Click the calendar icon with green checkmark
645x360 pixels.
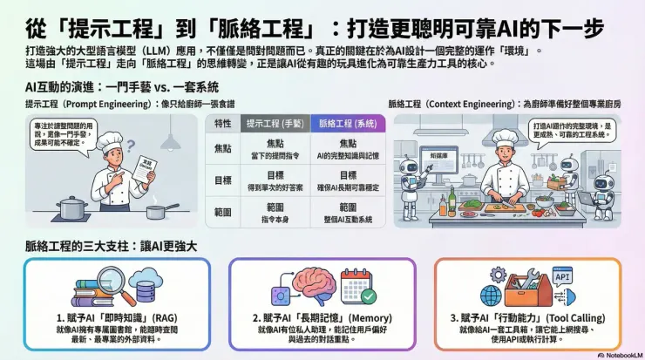[x=356, y=287]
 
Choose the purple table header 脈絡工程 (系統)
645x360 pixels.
[x=348, y=124]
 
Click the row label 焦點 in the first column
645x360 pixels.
[x=222, y=149]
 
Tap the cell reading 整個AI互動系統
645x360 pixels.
[x=348, y=219]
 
